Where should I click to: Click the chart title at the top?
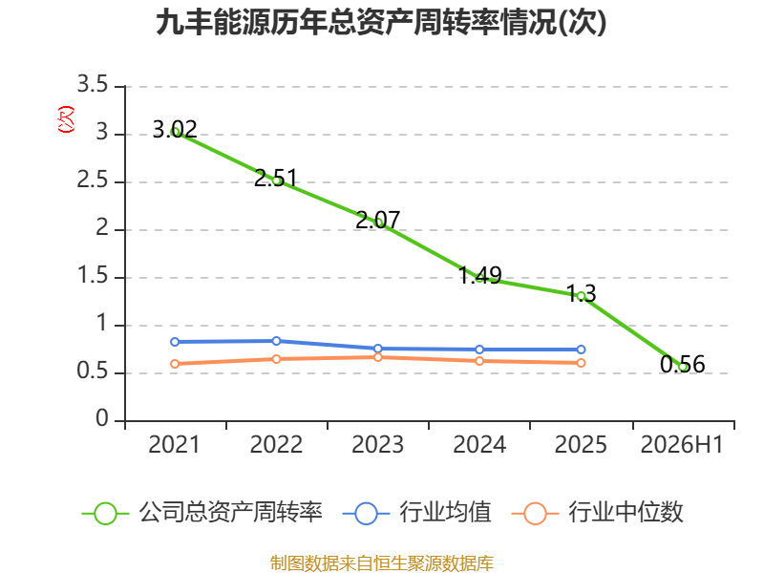point(381,22)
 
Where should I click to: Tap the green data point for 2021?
point(175,132)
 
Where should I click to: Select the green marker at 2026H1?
point(682,367)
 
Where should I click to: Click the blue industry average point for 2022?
point(276,341)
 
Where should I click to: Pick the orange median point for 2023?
point(377,357)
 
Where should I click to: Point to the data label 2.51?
point(275,178)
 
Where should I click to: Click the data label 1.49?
point(480,275)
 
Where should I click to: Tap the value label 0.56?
point(682,364)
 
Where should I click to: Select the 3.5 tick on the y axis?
point(93,84)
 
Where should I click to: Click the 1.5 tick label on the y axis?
point(93,276)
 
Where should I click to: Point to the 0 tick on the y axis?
point(102,418)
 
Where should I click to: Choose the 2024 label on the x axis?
point(479,444)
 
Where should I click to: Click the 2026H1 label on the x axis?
point(682,444)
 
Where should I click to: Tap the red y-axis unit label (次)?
point(66,119)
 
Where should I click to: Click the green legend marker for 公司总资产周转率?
point(105,514)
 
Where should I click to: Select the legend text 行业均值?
point(445,513)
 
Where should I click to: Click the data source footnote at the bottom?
point(382,563)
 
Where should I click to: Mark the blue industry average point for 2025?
point(581,350)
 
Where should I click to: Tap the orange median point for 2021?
point(175,364)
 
